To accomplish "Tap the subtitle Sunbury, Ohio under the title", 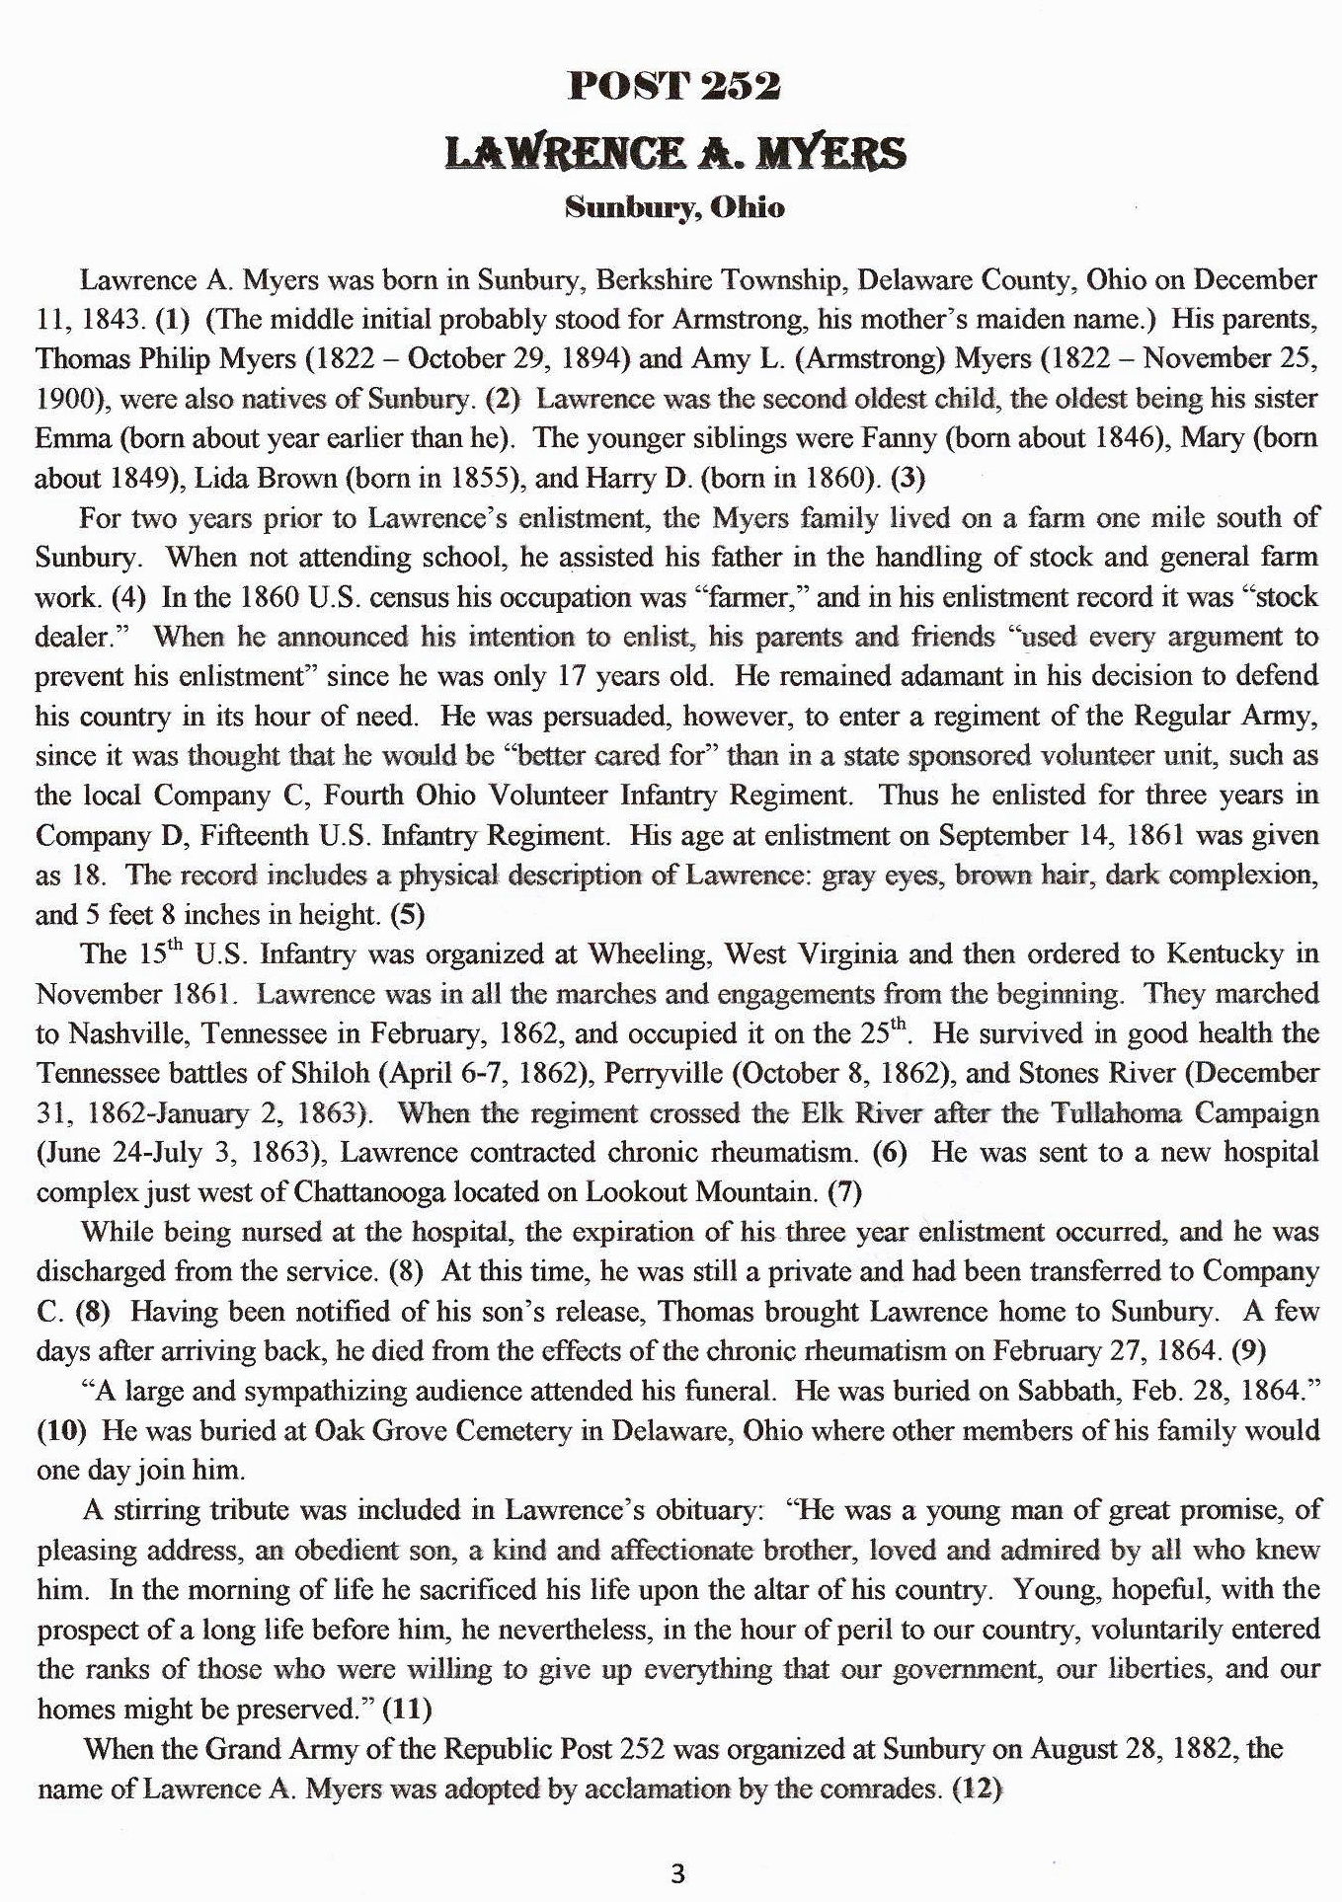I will click(x=674, y=208).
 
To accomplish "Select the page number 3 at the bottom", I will click(x=676, y=1872).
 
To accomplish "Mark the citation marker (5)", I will click(x=408, y=915).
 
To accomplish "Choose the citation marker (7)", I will click(x=844, y=1192).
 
